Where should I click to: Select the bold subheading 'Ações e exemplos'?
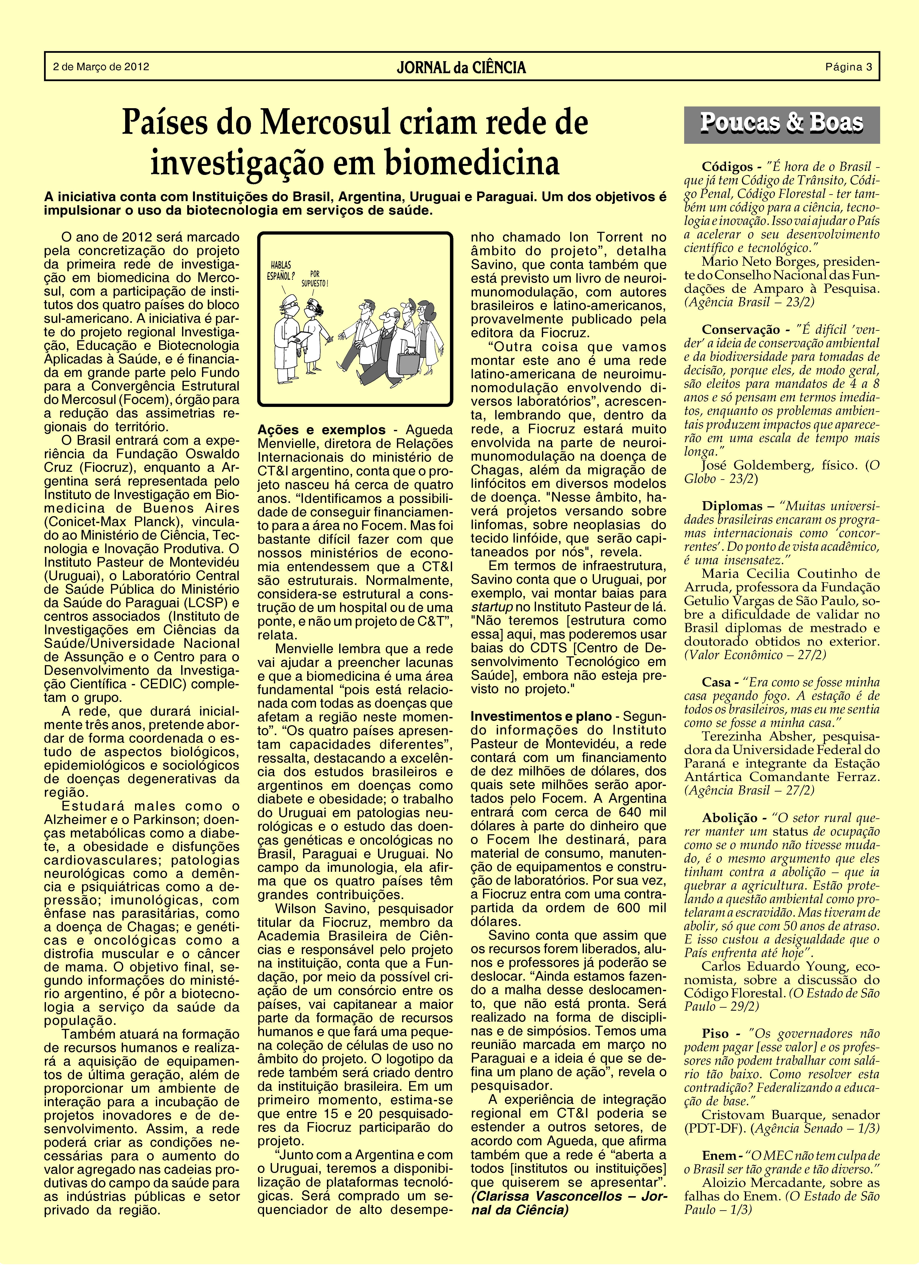pyautogui.click(x=321, y=430)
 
